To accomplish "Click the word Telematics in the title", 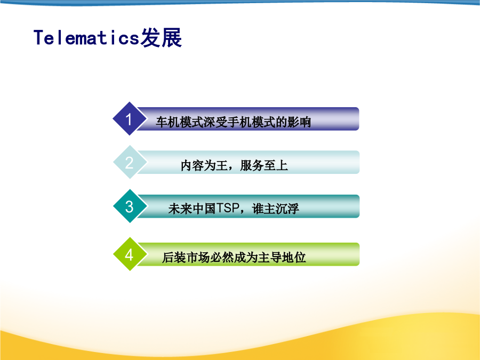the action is pyautogui.click(x=86, y=38).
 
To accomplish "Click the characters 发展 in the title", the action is pyautogui.click(x=161, y=38).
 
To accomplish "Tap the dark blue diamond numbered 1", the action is pyautogui.click(x=130, y=119).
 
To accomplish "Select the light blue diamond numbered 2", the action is pyautogui.click(x=130, y=162).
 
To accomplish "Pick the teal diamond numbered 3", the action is pyautogui.click(x=130, y=206).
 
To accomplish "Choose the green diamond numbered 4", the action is pyautogui.click(x=130, y=254).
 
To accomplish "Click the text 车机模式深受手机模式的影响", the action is pyautogui.click(x=233, y=122).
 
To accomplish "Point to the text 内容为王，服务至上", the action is pyautogui.click(x=234, y=166).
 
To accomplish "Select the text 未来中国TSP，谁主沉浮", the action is pyautogui.click(x=234, y=209).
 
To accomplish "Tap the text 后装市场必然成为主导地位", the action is pyautogui.click(x=234, y=257).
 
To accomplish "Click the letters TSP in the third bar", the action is pyautogui.click(x=228, y=209).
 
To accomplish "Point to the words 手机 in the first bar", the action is pyautogui.click(x=239, y=122).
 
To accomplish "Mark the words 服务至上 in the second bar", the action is pyautogui.click(x=264, y=166).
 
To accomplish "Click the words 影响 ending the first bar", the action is pyautogui.click(x=299, y=122).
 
